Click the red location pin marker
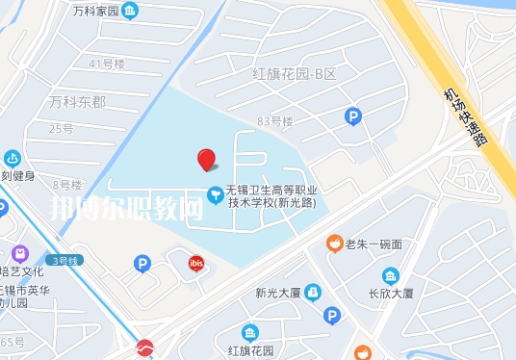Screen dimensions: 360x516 206,160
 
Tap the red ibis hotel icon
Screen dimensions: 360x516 196,263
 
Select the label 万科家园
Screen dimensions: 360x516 95,12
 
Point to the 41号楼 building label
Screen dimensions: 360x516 107,64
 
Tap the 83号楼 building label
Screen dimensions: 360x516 275,121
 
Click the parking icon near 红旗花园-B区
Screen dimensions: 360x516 353,116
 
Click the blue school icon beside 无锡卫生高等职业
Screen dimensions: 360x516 215,191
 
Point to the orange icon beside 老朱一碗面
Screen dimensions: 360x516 333,243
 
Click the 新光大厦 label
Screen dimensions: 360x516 279,294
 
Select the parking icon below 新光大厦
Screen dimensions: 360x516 332,315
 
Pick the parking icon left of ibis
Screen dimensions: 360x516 142,263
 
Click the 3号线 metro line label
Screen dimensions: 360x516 66,260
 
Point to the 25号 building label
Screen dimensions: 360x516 61,128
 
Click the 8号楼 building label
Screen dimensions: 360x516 67,184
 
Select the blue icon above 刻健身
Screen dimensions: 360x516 13,158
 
